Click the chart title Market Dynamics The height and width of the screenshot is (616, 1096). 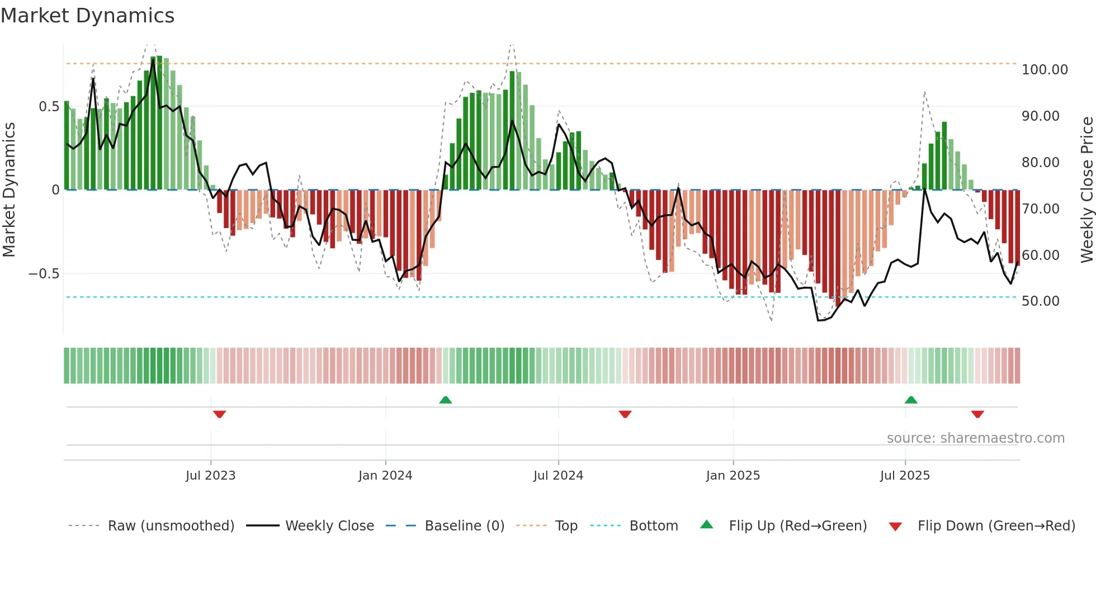click(87, 16)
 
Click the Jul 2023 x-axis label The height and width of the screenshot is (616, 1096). click(210, 476)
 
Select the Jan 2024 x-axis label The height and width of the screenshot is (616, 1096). click(385, 476)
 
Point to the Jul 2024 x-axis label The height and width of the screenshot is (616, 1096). click(558, 476)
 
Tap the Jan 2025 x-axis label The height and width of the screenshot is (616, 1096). click(733, 476)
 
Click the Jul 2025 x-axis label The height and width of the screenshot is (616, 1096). click(905, 476)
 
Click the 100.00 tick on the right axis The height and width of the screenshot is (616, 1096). click(1045, 70)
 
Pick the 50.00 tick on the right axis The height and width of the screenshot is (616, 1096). click(1040, 301)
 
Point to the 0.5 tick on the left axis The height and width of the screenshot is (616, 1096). click(49, 107)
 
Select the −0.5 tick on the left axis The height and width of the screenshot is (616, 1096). click(44, 274)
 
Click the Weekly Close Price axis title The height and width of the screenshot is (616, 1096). click(1086, 189)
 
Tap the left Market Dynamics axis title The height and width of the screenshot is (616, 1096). click(9, 189)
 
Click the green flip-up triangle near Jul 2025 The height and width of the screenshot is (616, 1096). click(911, 400)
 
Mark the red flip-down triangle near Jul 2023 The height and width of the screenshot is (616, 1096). click(219, 414)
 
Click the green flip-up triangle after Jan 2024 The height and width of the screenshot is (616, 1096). click(445, 400)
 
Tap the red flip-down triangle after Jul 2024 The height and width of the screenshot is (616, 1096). click(625, 414)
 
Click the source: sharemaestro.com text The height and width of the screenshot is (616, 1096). click(975, 438)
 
